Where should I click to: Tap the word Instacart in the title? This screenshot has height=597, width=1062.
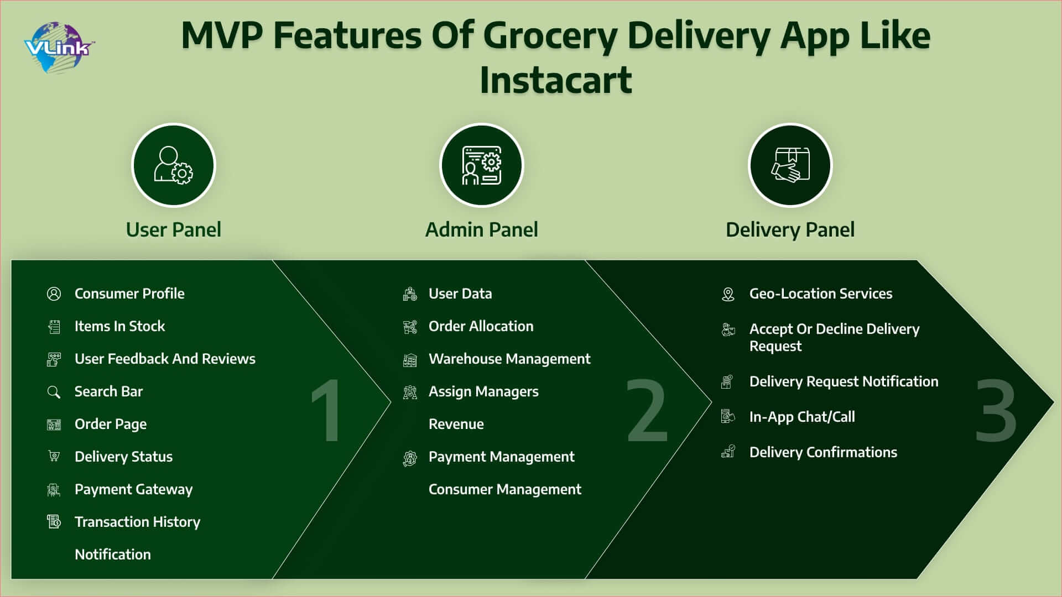(x=555, y=80)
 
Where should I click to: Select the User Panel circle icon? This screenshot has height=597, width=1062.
(x=174, y=165)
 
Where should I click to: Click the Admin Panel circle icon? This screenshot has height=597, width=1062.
(x=482, y=165)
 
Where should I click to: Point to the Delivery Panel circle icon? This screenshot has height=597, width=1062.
(x=790, y=165)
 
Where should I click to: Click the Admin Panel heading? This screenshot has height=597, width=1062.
(x=482, y=229)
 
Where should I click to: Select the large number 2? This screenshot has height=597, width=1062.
(x=647, y=410)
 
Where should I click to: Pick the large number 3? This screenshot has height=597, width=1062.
(x=996, y=410)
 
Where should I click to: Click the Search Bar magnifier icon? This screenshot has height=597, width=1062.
(x=54, y=392)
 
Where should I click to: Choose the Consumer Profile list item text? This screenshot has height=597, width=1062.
(x=129, y=294)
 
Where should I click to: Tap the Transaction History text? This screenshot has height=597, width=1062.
(x=137, y=522)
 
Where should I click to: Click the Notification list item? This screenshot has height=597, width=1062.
(x=113, y=554)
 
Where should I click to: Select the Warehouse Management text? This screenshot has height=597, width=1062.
(x=509, y=359)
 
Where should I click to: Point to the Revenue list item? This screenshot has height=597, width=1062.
(x=456, y=424)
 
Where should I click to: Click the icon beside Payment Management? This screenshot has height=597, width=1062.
(x=410, y=458)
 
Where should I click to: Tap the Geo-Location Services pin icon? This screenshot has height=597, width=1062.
(x=728, y=294)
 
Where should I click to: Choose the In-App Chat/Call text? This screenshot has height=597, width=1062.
(x=802, y=417)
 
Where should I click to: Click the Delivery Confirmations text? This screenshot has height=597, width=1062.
(x=823, y=452)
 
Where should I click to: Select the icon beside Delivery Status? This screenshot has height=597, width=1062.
(x=54, y=457)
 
